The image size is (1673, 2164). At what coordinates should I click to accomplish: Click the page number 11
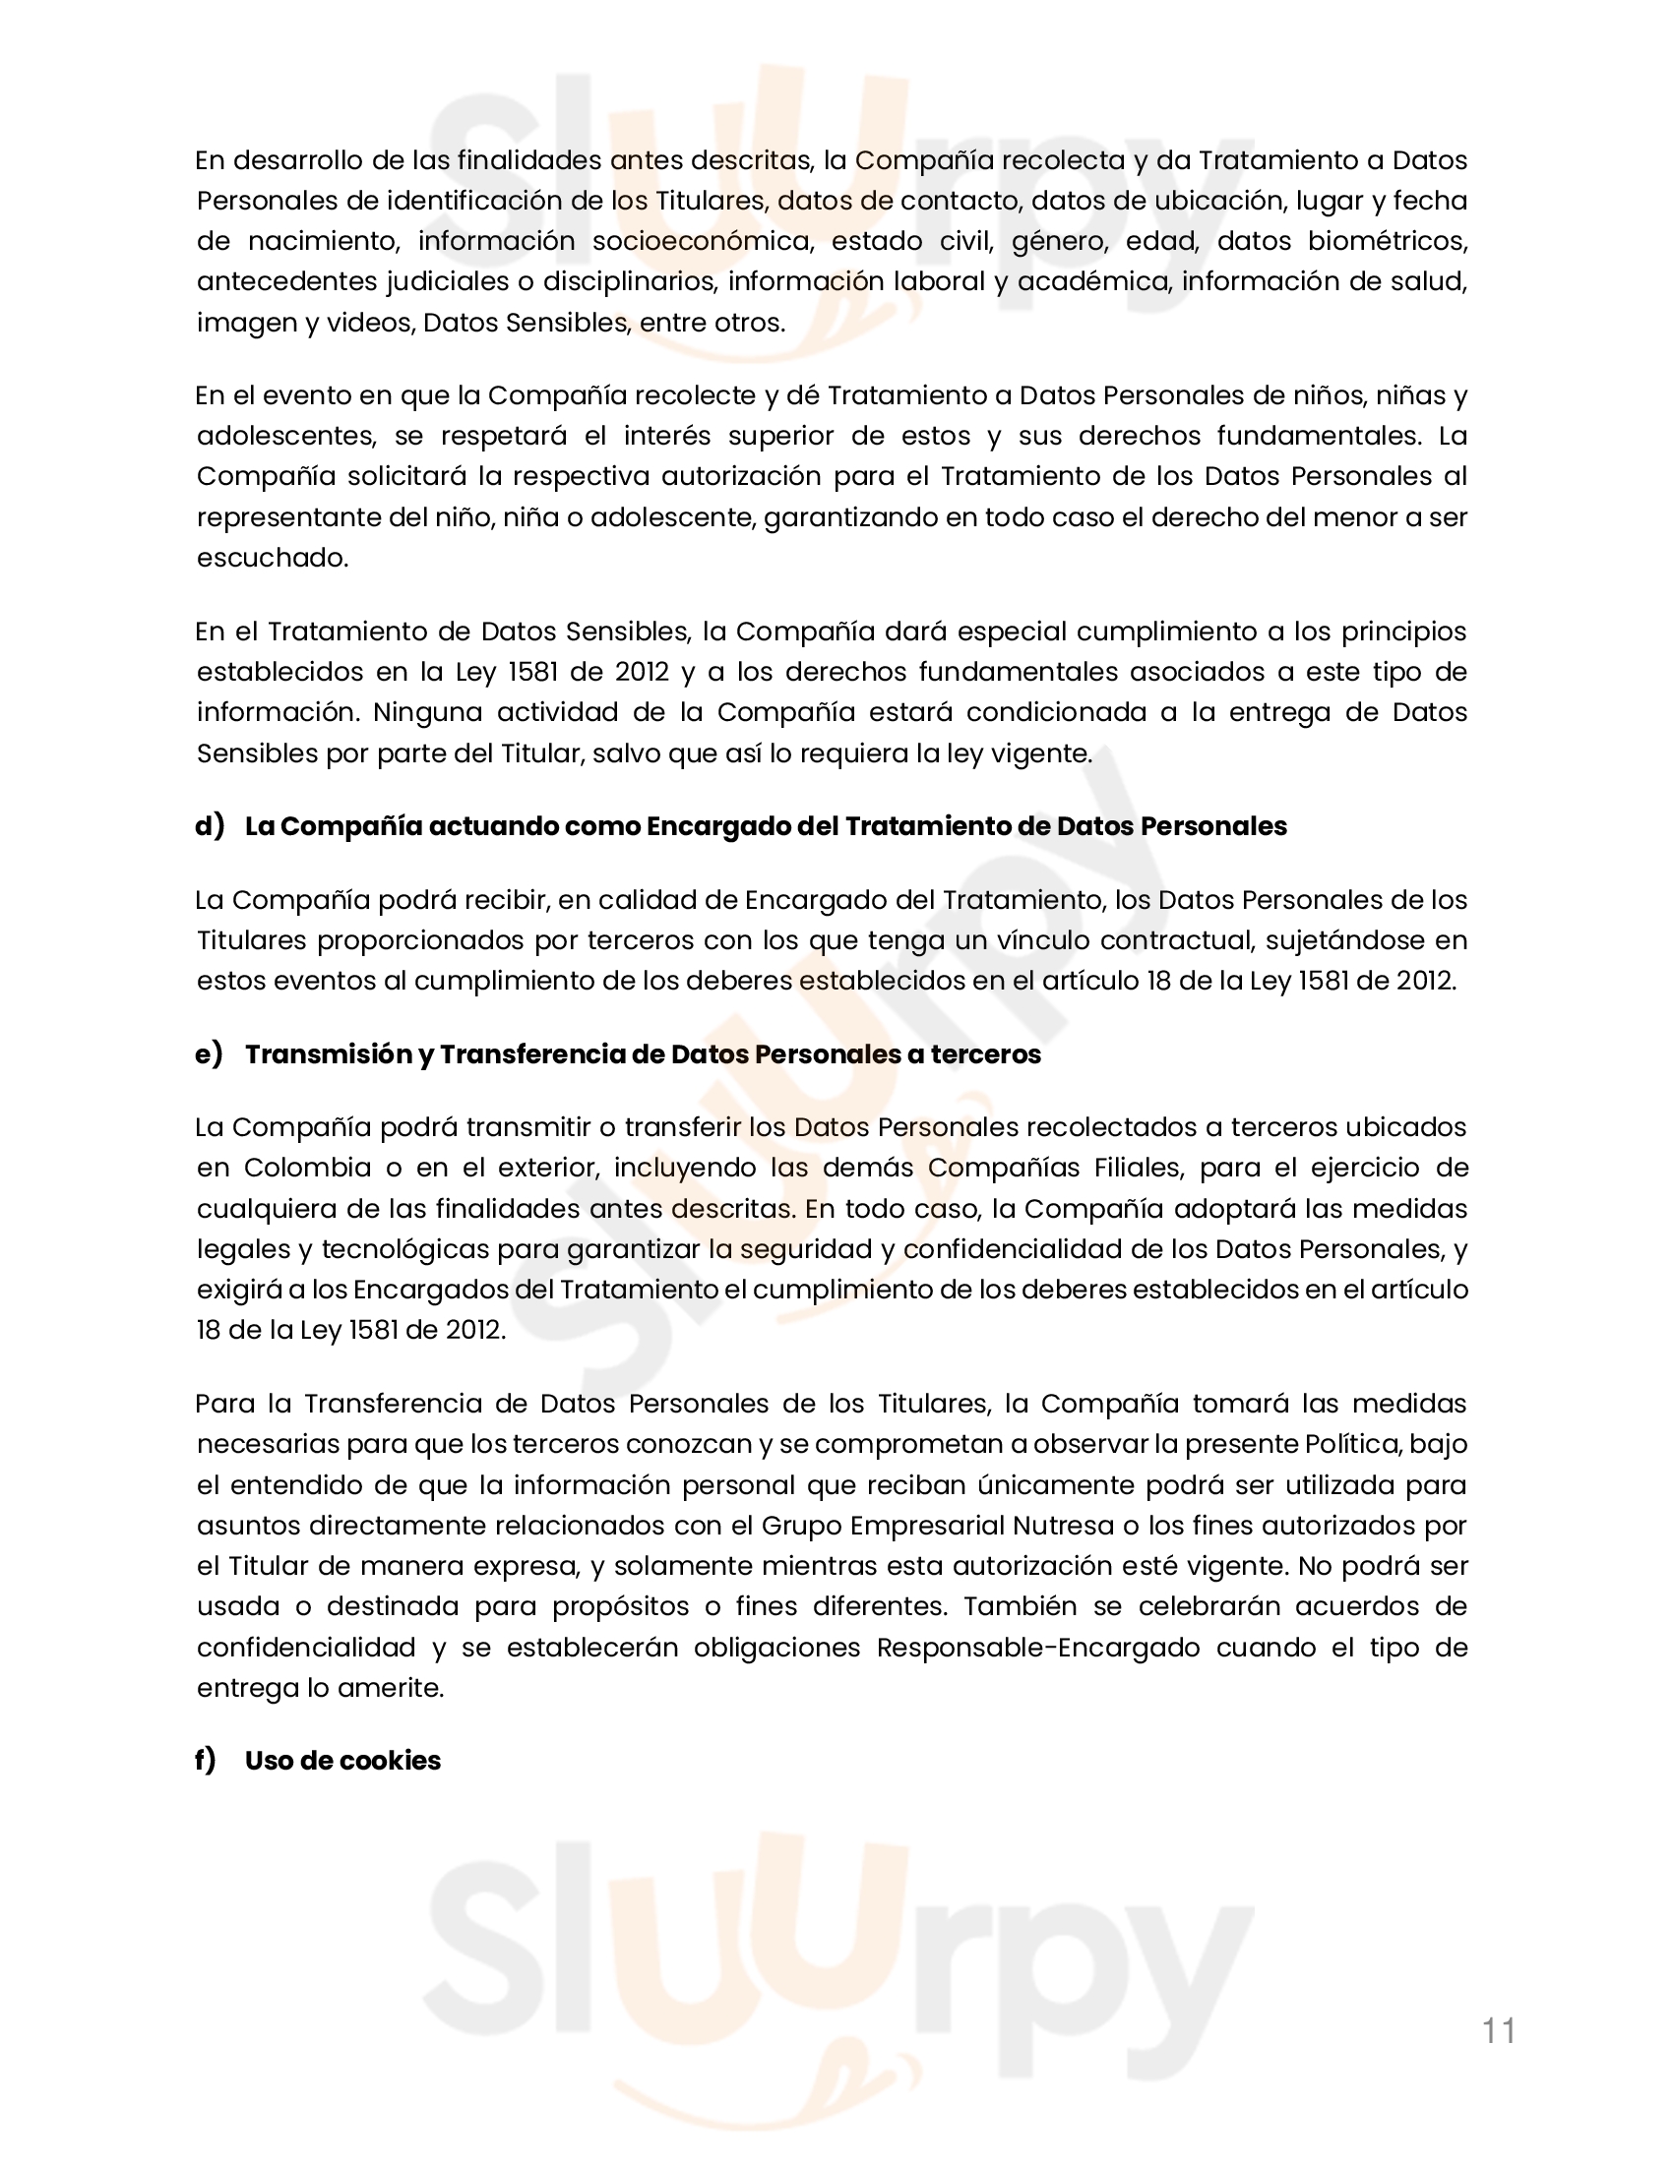coord(1499,2031)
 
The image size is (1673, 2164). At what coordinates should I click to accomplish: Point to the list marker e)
coord(209,1054)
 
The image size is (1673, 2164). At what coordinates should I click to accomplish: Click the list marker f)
coord(205,1761)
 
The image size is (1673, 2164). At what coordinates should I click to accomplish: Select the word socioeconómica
coord(702,242)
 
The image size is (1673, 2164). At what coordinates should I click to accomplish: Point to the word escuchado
coord(273,558)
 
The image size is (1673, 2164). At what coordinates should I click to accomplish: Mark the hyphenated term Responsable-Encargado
coord(1037,1648)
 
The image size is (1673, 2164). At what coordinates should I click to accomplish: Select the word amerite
coord(391,1688)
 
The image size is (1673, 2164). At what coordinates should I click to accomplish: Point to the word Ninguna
coord(428,712)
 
